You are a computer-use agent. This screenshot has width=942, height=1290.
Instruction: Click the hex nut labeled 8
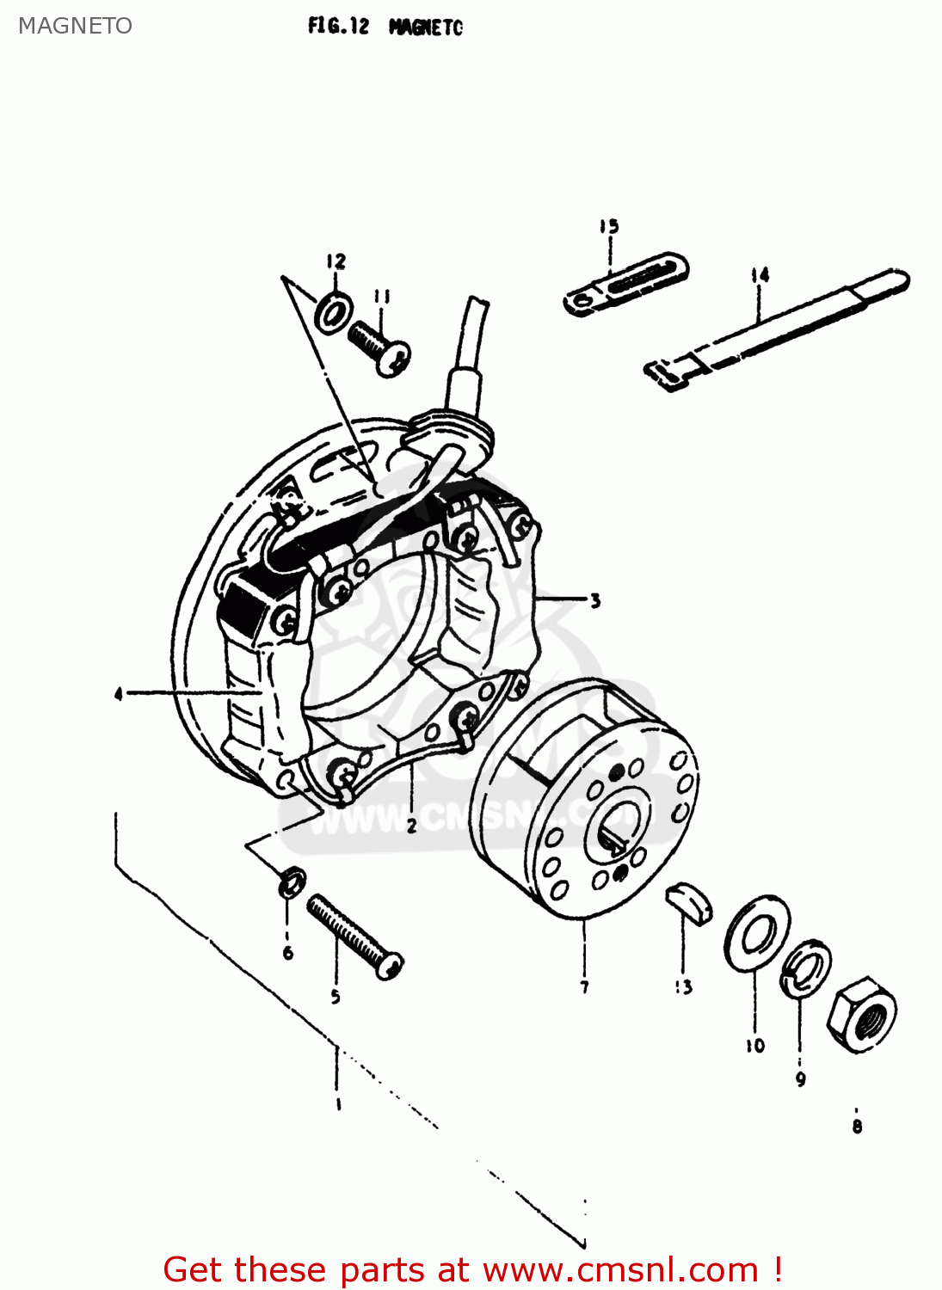[861, 1014]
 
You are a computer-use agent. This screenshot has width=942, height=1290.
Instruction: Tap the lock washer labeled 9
[806, 969]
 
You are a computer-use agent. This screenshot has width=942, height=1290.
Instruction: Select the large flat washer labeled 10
[757, 932]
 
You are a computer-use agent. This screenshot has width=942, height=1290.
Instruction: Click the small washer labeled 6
[292, 881]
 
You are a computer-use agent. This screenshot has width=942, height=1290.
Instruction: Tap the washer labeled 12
[333, 313]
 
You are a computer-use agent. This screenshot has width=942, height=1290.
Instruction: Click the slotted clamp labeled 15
[625, 284]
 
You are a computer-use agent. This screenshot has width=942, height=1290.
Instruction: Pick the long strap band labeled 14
[779, 326]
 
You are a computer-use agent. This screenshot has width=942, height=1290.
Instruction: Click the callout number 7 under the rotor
[584, 986]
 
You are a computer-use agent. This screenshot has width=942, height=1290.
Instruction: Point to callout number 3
[594, 600]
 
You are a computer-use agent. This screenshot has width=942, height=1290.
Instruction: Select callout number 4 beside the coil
[118, 693]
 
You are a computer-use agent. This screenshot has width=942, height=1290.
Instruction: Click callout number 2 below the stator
[411, 826]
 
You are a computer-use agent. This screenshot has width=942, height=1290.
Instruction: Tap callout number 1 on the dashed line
[338, 1103]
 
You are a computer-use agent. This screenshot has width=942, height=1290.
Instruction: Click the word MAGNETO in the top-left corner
[75, 26]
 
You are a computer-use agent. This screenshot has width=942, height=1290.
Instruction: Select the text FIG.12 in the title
[338, 27]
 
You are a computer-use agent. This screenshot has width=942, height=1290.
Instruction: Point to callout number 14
[760, 275]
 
